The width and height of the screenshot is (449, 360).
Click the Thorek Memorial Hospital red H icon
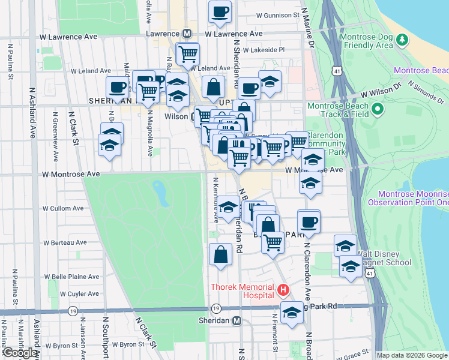[x=284, y=291]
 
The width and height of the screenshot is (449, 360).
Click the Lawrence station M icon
[x=187, y=34]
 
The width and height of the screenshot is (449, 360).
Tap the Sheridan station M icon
[x=238, y=320]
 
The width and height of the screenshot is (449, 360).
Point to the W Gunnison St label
[x=277, y=14]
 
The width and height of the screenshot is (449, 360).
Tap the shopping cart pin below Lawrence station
[x=188, y=54]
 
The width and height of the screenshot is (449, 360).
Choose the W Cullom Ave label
[x=62, y=208]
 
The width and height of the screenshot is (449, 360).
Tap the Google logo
[x=20, y=353]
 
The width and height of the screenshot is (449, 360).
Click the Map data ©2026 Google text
[x=412, y=355]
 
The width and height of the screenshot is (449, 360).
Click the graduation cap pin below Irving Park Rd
[x=292, y=313]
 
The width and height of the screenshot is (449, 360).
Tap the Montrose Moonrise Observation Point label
[x=413, y=199]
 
